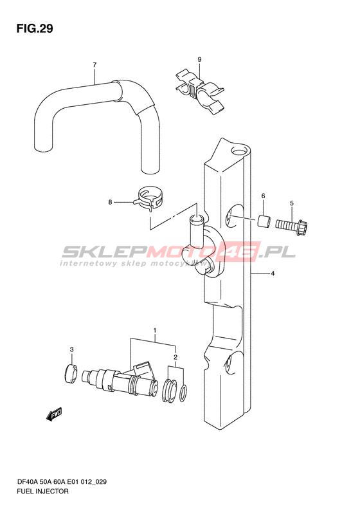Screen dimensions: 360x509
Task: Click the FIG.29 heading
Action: click(35, 29)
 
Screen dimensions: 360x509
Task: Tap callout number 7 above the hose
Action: click(94, 65)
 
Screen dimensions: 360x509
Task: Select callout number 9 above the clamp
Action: click(199, 59)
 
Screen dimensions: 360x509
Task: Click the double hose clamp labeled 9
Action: click(200, 91)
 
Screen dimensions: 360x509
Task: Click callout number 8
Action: click(111, 202)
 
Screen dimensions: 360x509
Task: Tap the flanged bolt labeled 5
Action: click(292, 226)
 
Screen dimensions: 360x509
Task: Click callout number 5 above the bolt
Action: click(292, 203)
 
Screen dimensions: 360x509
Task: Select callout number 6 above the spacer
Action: click(263, 196)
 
